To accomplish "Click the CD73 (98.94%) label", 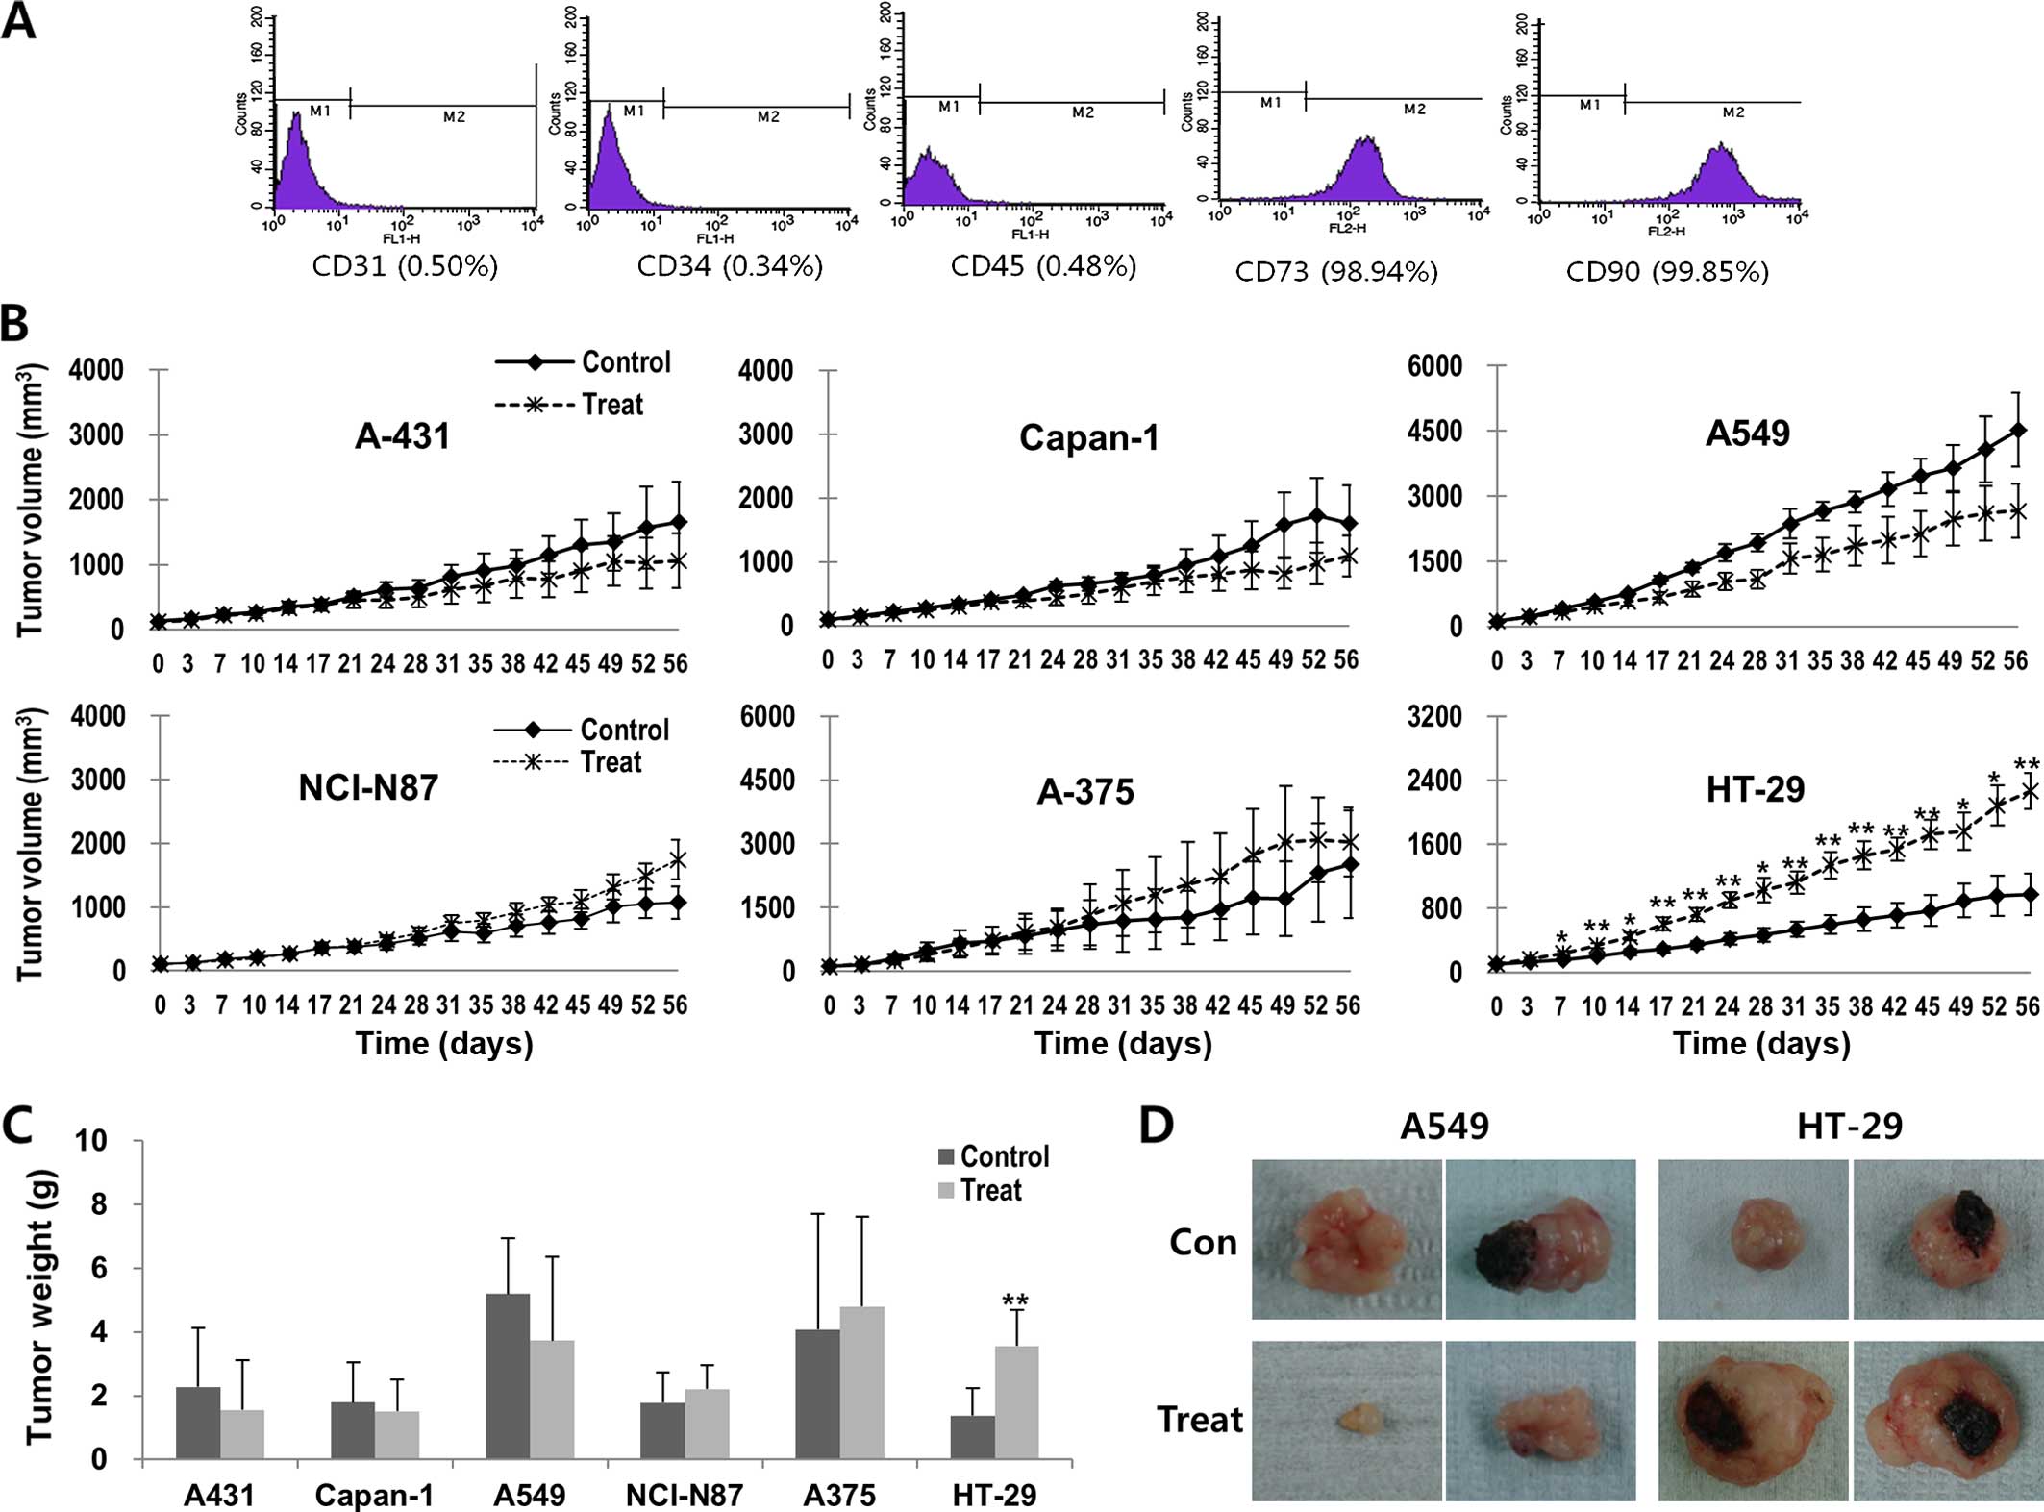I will coord(1336,272).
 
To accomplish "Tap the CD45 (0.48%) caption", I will coord(1043,266).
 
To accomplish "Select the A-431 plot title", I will coord(402,437).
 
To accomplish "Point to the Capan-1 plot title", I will coord(1088,438).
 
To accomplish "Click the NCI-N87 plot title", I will coord(368,788).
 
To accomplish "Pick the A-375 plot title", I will coord(1085,792).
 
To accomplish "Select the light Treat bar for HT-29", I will coord(1016,1402).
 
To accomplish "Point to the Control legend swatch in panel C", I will coord(946,1156).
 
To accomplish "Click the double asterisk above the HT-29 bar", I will coord(1015,1301).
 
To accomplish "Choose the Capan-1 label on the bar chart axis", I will coord(374,1496).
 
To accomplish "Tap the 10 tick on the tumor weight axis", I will coord(122,1141).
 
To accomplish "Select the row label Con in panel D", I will coord(1202,1243).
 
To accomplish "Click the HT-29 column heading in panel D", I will coord(1849,1126).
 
